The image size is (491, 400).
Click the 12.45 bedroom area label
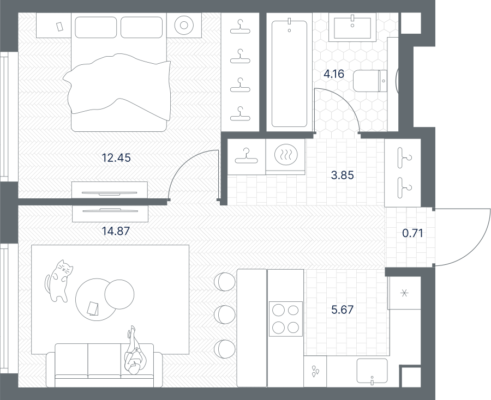116,158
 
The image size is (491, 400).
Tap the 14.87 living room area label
116,231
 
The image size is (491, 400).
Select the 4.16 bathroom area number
334,74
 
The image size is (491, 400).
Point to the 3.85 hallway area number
342,175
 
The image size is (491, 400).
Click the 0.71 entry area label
413,233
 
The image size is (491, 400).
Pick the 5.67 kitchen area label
342,310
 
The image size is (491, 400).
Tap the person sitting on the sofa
135,350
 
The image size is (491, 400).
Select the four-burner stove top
286,319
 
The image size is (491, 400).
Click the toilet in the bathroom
370,81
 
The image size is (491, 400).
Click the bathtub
289,74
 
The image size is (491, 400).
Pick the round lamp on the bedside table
184,25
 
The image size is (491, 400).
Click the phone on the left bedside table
59,27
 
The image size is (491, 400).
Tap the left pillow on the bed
96,27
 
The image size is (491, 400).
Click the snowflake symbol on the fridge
405,293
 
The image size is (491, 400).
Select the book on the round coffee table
93,308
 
